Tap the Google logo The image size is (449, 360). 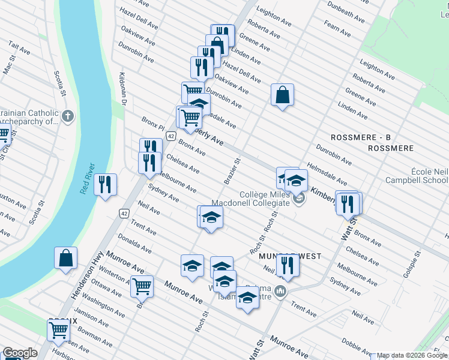tap(20, 353)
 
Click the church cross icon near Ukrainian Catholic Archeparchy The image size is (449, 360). tap(68, 115)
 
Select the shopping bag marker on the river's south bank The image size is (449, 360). tap(66, 257)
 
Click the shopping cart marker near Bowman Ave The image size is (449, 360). tap(59, 329)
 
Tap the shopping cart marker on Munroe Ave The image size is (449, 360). tap(142, 287)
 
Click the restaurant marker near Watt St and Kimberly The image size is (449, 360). tap(348, 203)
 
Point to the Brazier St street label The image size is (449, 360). tap(236, 171)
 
